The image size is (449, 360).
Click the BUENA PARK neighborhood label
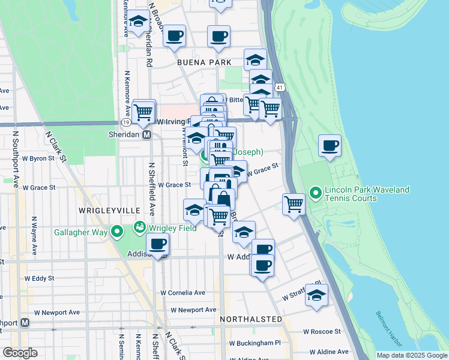203,62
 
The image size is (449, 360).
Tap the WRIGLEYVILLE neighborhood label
109,211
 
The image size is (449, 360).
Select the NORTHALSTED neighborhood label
251,319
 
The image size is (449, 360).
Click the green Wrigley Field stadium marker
140,228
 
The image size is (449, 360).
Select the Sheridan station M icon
146,135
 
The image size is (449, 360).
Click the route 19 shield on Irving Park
126,122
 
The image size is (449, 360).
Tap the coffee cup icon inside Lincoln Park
330,145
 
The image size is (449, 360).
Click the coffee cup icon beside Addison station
158,244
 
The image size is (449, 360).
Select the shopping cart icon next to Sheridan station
144,110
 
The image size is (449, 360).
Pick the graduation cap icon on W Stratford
316,295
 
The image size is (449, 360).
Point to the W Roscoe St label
322,331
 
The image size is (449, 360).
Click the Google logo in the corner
19,353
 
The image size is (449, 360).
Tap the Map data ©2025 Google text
411,355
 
